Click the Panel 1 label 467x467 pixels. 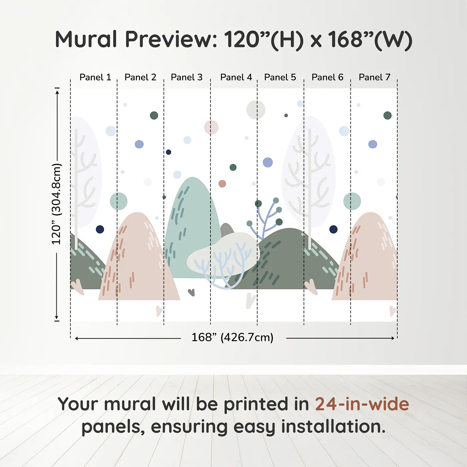coord(95,77)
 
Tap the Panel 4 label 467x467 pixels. coord(236,77)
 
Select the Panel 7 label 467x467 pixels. coord(374,77)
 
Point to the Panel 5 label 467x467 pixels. coord(280,77)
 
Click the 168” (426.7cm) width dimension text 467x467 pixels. coord(232,337)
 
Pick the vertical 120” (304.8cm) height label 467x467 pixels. coord(57,204)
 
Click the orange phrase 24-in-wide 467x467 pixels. coord(362,404)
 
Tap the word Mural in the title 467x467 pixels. coord(86,39)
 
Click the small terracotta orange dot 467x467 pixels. coord(222,184)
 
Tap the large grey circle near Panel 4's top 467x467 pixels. coord(256,109)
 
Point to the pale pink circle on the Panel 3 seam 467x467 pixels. coord(211,127)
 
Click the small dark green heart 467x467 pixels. coord(191,292)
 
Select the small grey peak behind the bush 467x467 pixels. coord(226,229)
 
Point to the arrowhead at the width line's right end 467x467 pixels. coord(393,338)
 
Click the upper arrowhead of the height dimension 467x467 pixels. coord(57,92)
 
